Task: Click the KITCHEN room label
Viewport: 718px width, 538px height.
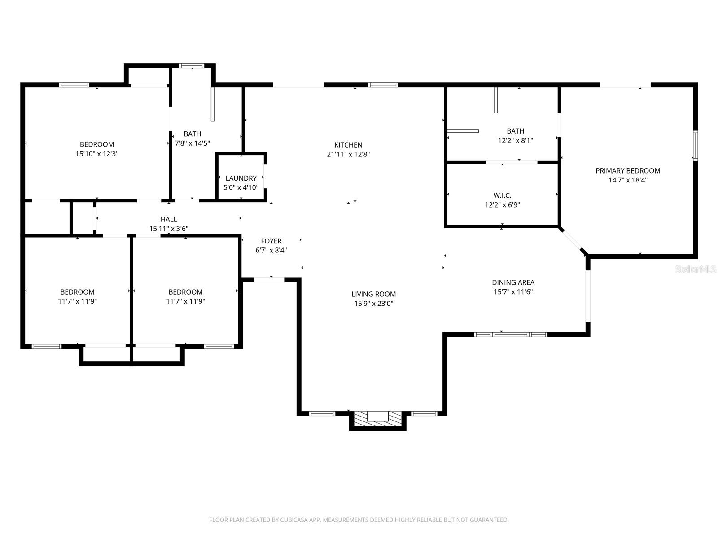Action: pyautogui.click(x=348, y=145)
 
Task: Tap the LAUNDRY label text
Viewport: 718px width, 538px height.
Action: pyautogui.click(x=241, y=178)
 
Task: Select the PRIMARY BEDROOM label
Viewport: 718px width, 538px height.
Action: pyautogui.click(x=628, y=170)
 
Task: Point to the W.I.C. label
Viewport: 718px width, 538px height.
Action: pyautogui.click(x=502, y=195)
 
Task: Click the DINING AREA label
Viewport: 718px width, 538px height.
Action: pyautogui.click(x=513, y=282)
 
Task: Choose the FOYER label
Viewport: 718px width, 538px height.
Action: pyautogui.click(x=271, y=241)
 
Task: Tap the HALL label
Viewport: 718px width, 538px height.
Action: pyautogui.click(x=168, y=219)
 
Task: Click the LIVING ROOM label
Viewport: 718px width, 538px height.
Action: pyautogui.click(x=373, y=294)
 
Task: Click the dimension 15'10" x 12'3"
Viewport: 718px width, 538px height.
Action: pyautogui.click(x=97, y=153)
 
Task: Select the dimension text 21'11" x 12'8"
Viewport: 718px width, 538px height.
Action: pyautogui.click(x=348, y=154)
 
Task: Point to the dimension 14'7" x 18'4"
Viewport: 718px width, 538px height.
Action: pyautogui.click(x=628, y=180)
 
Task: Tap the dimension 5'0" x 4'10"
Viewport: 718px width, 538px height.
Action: pyautogui.click(x=241, y=187)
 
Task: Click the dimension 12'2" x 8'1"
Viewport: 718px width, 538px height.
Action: pyautogui.click(x=515, y=140)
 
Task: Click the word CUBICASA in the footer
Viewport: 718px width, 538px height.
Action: pyautogui.click(x=293, y=520)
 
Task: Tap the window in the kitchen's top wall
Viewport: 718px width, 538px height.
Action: pyautogui.click(x=383, y=85)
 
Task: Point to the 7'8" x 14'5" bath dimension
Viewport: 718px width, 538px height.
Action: pyautogui.click(x=193, y=143)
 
